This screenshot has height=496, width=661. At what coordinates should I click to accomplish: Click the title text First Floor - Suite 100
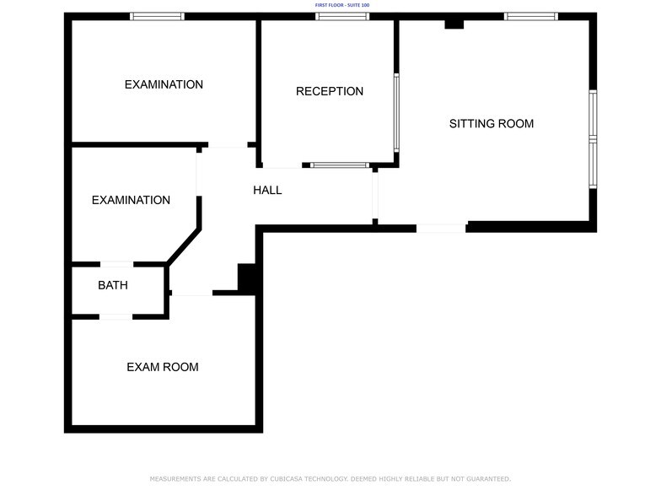[x=342, y=5]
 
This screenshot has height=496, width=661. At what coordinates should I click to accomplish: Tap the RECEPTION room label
[x=329, y=91]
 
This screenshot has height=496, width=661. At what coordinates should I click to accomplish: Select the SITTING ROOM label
[x=491, y=123]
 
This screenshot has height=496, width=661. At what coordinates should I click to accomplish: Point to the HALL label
[x=267, y=191]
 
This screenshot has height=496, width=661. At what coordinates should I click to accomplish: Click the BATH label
[x=113, y=285]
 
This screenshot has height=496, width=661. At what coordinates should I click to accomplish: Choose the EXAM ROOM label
[x=162, y=367]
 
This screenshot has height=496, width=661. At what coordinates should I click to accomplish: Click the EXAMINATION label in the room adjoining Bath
[x=131, y=200]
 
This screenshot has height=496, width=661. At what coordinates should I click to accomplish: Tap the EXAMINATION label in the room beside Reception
[x=164, y=84]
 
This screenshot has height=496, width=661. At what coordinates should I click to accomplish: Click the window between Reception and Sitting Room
[x=396, y=113]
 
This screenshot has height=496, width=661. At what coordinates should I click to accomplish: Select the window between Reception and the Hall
[x=340, y=165]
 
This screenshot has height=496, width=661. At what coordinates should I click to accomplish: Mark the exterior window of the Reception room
[x=342, y=17]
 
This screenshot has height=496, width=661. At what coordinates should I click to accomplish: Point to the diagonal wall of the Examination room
[x=184, y=246]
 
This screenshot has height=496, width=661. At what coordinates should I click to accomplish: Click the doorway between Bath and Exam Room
[x=116, y=317]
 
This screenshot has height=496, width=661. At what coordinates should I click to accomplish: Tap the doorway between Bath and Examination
[x=116, y=265]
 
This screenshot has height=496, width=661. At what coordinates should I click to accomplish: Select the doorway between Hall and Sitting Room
[x=375, y=196]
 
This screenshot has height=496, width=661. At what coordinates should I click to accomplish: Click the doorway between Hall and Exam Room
[x=192, y=293]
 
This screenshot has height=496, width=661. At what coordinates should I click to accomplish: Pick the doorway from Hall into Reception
[x=282, y=165]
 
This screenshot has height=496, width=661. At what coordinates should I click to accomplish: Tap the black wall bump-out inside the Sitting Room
[x=454, y=24]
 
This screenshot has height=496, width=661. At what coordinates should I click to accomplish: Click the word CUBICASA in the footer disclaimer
[x=286, y=479]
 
